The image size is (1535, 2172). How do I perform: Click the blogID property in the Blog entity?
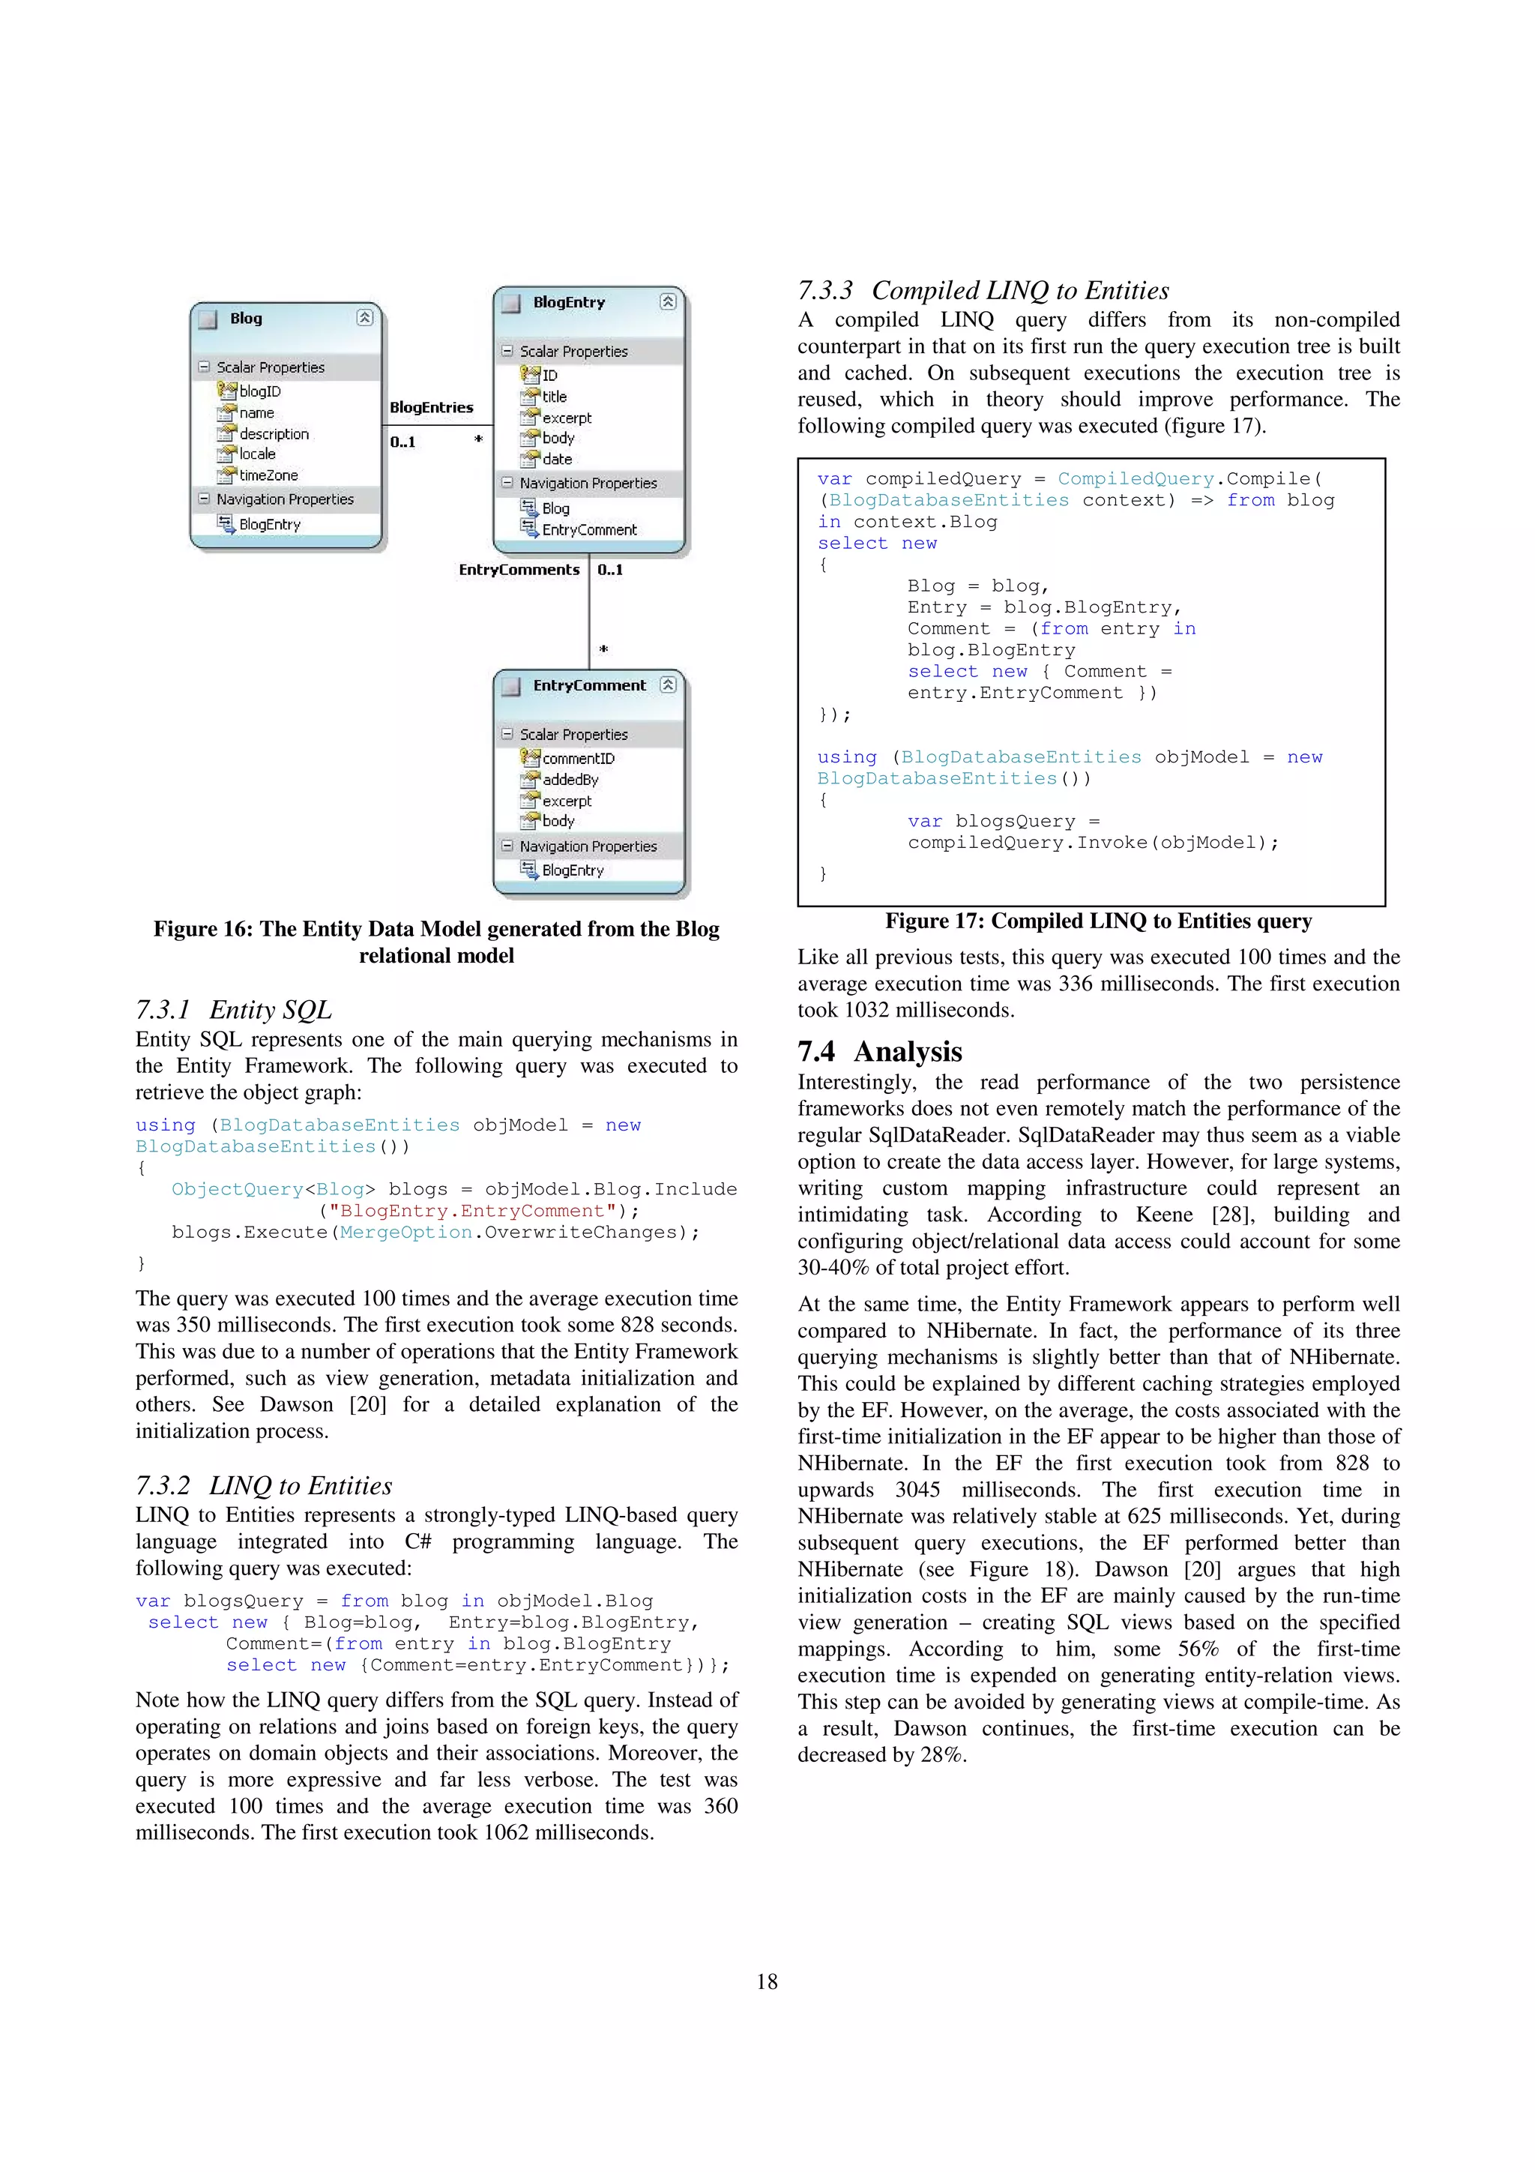coord(259,391)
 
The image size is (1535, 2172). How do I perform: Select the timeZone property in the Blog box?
coord(268,475)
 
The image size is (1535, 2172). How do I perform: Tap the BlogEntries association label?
coord(431,407)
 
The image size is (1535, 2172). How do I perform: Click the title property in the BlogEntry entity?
coord(554,397)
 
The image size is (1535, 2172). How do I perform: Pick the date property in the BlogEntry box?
coord(557,459)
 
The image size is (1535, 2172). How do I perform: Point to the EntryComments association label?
coord(518,570)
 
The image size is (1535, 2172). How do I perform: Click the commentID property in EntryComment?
coord(578,758)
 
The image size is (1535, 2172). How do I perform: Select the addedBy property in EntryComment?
coord(570,780)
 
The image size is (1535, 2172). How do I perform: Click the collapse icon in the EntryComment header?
coord(668,684)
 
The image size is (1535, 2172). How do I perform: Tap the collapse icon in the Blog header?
coord(364,318)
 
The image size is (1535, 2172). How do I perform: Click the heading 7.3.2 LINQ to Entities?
coord(263,1485)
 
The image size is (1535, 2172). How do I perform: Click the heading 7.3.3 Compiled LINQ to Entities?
coord(983,290)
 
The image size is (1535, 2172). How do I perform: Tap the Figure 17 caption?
coord(1098,921)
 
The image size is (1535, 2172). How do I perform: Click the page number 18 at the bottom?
coord(767,1981)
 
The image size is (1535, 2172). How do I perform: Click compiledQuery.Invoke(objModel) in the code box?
coord(1092,842)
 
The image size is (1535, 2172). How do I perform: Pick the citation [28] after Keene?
coord(1231,1215)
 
